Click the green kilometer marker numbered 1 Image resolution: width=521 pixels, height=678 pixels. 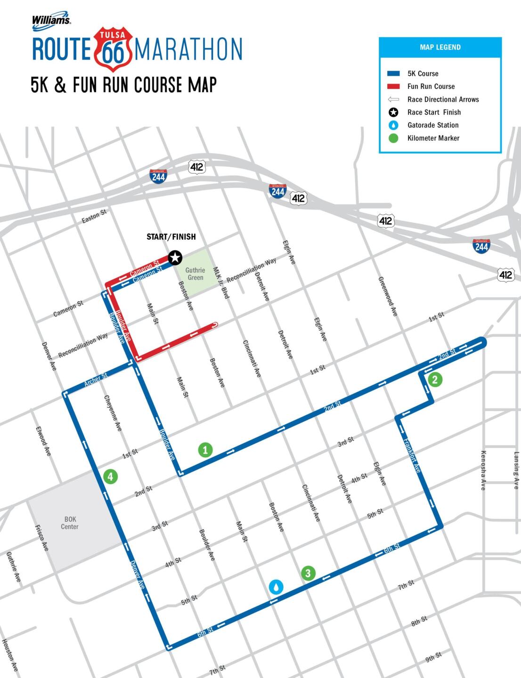205,450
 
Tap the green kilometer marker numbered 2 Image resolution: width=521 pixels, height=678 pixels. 435,379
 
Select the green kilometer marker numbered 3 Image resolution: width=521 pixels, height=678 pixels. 308,573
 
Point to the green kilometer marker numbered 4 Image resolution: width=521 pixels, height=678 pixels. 110,476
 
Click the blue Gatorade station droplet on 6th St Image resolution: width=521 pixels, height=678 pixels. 276,587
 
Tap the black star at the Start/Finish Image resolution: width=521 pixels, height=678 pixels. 175,258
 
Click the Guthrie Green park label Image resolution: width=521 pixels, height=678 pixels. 195,274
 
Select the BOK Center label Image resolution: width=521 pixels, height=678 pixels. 70,523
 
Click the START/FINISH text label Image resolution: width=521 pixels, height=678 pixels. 171,237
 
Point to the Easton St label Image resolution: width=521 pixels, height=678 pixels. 94,217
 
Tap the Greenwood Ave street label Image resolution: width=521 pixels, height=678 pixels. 388,296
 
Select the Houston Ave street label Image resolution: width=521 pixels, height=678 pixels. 9,655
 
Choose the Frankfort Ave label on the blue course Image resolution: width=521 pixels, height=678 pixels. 412,455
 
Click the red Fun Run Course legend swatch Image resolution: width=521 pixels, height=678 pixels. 393,87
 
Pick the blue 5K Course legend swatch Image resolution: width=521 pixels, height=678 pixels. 393,73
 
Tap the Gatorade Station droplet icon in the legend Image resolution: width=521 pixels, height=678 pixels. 393,125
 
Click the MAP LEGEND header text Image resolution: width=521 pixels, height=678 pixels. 440,47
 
